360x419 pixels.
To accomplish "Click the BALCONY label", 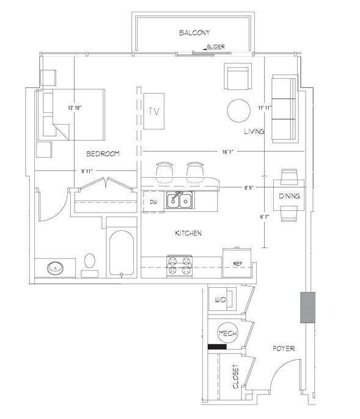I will tap(195, 32).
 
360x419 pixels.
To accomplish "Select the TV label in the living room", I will tap(155, 111).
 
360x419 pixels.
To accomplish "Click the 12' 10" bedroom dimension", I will tap(77, 107).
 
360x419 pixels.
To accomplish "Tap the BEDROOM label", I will tap(102, 153).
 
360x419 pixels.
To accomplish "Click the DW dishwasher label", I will tap(153, 202).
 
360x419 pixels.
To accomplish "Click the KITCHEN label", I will tap(188, 233).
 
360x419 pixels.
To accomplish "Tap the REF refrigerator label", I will tap(239, 264).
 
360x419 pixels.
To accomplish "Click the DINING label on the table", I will tap(288, 196).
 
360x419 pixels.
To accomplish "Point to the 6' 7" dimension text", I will tap(264, 216).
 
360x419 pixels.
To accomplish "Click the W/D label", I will tap(221, 301).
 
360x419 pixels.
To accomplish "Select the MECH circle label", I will tap(227, 333).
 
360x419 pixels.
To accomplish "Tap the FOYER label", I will tap(284, 349).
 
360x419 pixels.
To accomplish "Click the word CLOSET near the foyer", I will tap(235, 377).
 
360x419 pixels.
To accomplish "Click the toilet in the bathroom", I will tap(90, 262).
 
